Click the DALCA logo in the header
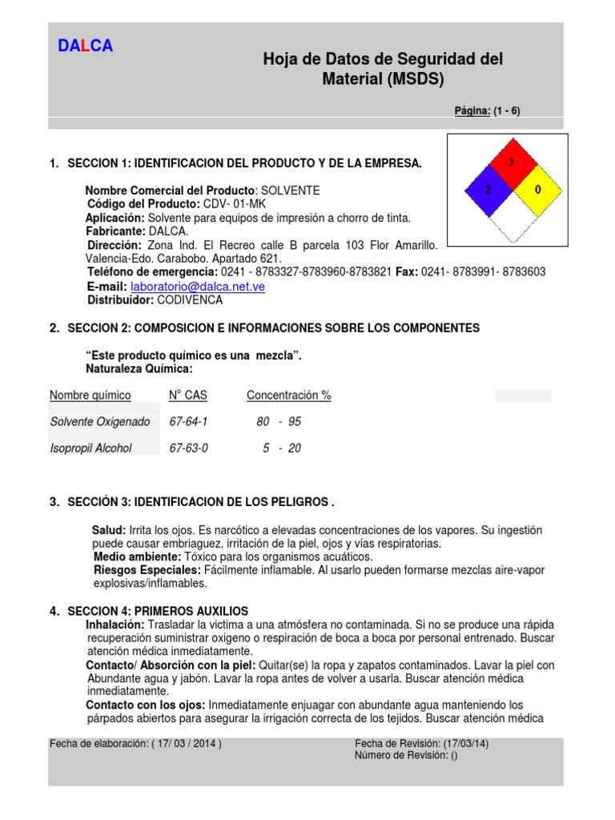(x=86, y=46)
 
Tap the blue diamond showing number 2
(x=487, y=190)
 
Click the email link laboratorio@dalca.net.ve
(x=197, y=286)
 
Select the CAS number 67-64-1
(x=188, y=421)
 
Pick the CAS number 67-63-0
(x=188, y=448)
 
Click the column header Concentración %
(x=288, y=396)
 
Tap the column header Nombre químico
(x=90, y=396)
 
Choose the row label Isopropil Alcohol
(x=90, y=448)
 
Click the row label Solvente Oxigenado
(x=99, y=421)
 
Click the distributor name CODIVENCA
(x=190, y=300)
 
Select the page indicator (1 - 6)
(x=506, y=111)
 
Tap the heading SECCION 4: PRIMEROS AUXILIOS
(x=158, y=611)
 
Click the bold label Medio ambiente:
(x=138, y=556)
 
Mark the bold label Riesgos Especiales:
(x=147, y=569)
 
